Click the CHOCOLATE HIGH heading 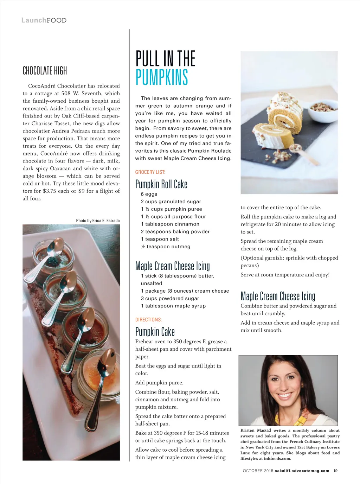(x=45, y=71)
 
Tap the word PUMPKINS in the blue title (x=162, y=77)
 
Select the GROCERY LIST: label (x=150, y=172)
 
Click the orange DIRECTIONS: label (x=148, y=320)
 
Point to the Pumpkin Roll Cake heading (x=161, y=184)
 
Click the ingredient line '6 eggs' (x=149, y=194)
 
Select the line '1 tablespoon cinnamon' (x=170, y=224)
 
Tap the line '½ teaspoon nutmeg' (x=166, y=247)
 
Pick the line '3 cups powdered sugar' (x=170, y=298)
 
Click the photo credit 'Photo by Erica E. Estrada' (x=98, y=221)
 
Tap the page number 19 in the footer (x=335, y=471)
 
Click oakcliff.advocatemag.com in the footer (x=302, y=471)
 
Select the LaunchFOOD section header (x=44, y=20)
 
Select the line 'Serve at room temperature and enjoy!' (x=285, y=275)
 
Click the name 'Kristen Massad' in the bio (x=256, y=430)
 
